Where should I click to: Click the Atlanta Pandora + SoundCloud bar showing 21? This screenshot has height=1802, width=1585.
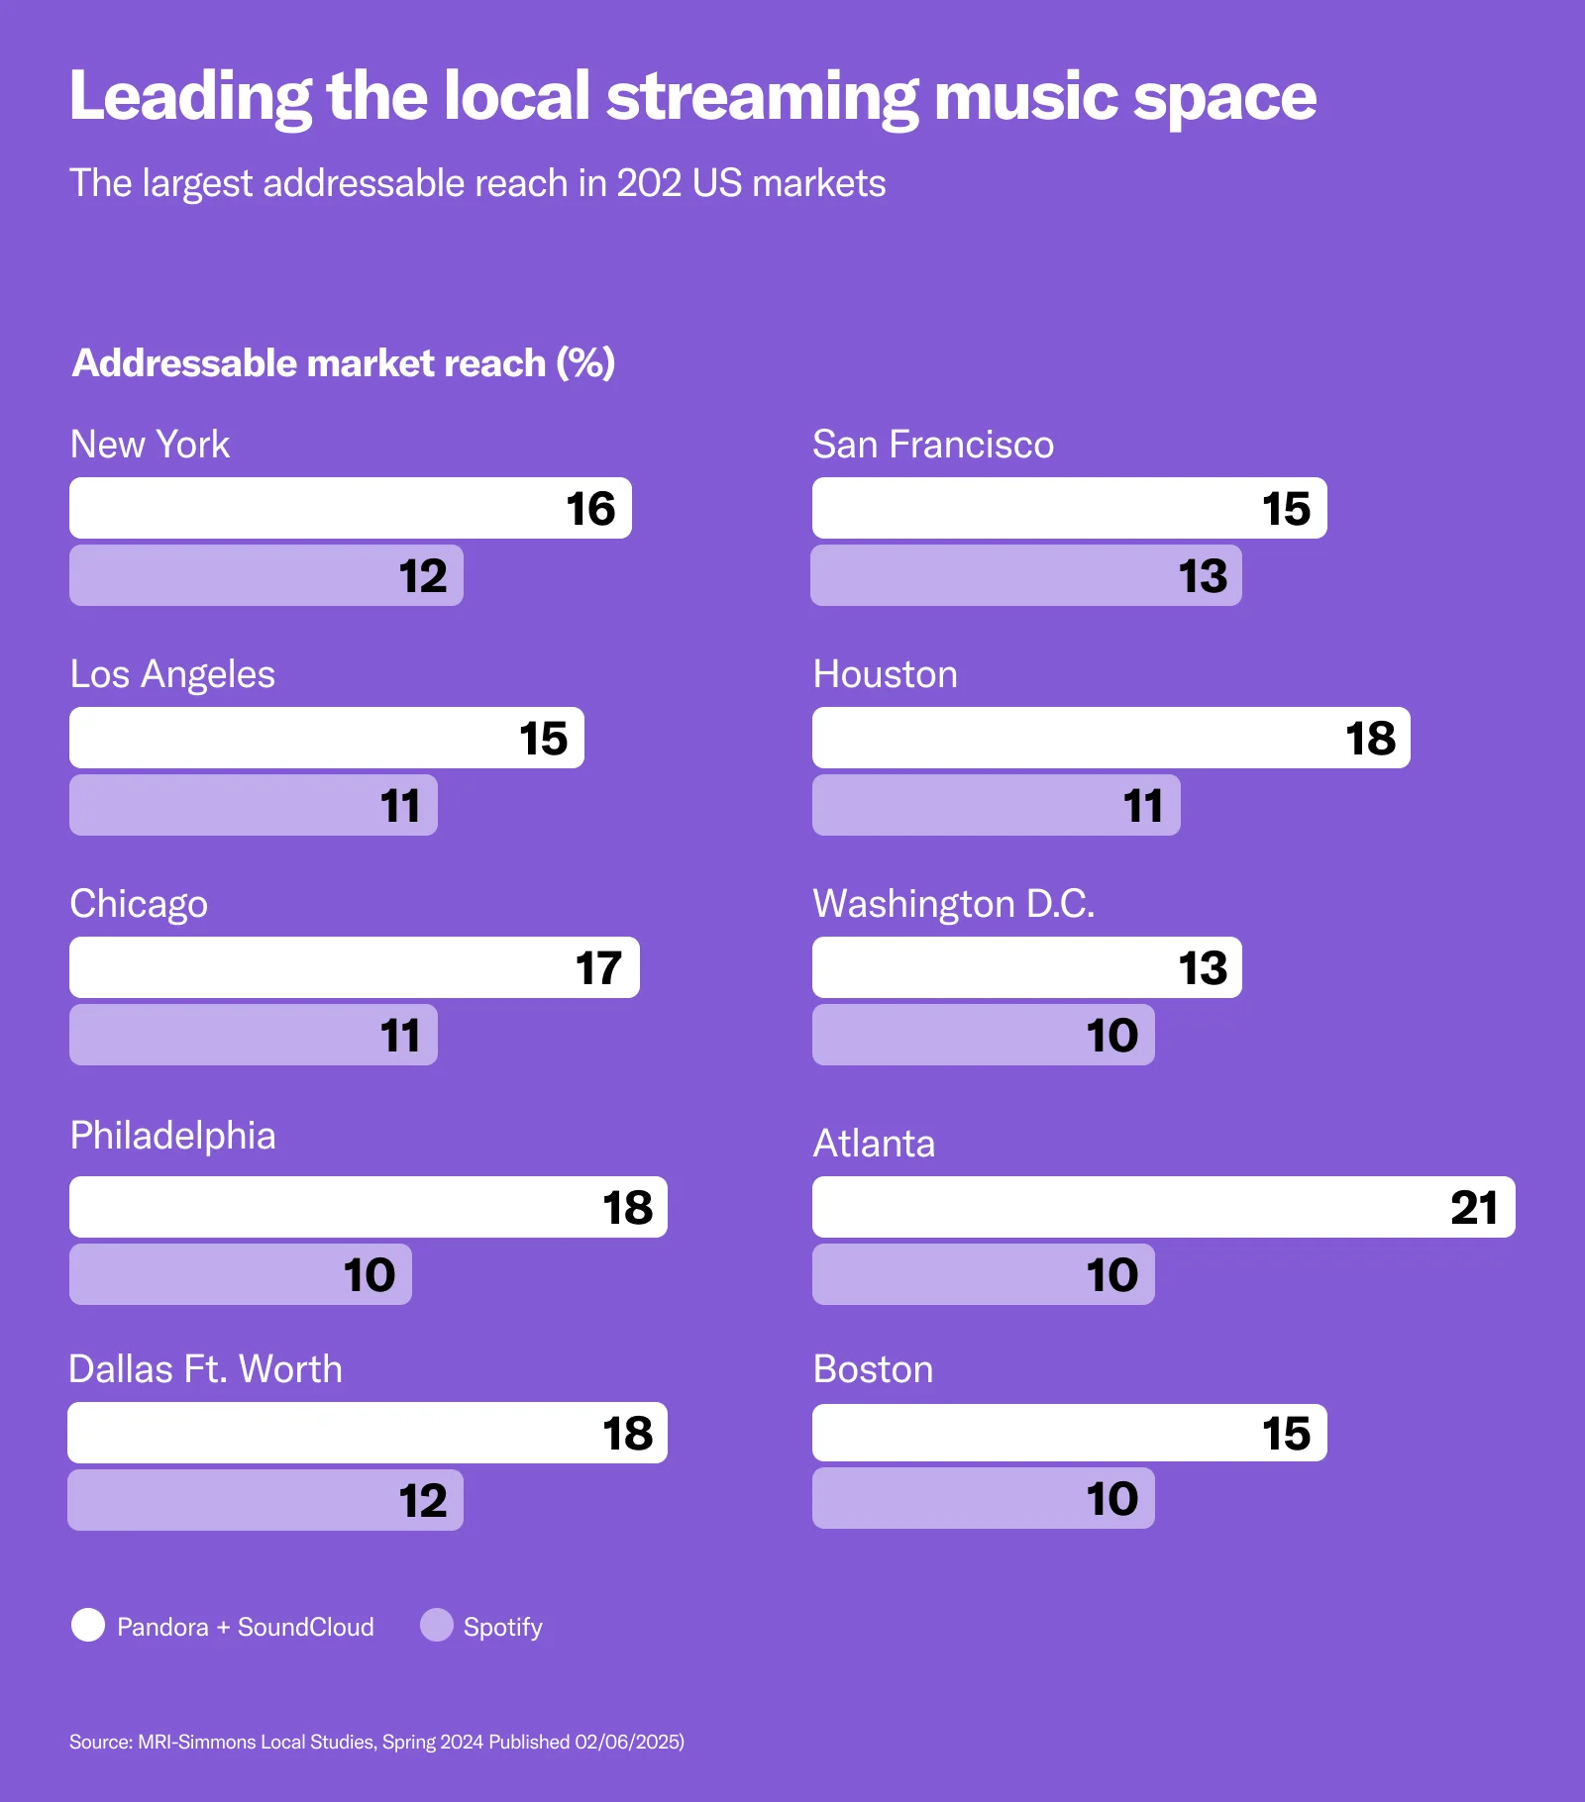1163,1207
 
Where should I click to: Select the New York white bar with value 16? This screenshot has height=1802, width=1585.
350,508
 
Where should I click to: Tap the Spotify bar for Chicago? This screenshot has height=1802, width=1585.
253,1035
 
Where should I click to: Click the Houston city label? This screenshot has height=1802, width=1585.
885,674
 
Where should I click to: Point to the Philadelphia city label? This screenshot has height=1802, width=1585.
172,1136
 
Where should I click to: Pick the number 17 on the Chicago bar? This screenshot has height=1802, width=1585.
598,968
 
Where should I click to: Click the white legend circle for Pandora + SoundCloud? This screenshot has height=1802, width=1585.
88,1625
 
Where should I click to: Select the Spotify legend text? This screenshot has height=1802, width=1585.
502,1627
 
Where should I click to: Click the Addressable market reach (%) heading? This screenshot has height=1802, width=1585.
343,363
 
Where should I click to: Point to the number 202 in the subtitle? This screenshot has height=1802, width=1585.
648,183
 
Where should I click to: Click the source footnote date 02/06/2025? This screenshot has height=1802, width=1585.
628,1742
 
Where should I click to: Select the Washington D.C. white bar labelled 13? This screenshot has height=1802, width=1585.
1026,967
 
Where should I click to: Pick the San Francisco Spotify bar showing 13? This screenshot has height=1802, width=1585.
1025,575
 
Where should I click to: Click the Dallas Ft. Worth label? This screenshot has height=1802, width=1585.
205,1369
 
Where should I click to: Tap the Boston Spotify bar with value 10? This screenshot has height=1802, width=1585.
983,1498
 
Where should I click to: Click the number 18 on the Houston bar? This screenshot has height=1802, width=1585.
1370,739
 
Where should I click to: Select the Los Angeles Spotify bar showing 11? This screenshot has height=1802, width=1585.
253,805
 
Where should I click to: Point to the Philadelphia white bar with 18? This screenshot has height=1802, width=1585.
368,1207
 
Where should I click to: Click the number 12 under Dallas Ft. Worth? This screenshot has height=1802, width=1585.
423,1501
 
